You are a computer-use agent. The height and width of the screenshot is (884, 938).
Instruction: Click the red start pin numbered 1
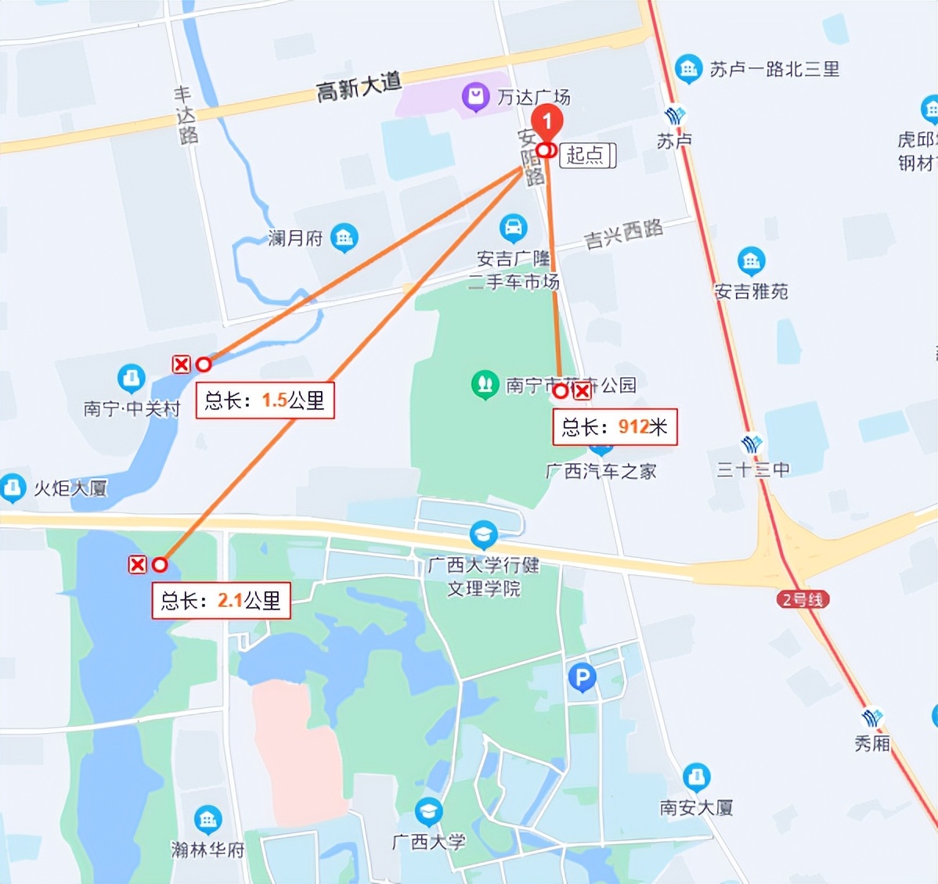(547, 122)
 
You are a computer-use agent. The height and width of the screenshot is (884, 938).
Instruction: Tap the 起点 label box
(587, 155)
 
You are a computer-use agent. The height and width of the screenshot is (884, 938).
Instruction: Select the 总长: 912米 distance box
(615, 427)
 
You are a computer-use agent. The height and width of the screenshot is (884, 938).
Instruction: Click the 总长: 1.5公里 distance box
(265, 401)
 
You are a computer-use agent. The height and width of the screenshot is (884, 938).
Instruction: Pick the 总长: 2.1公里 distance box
(221, 601)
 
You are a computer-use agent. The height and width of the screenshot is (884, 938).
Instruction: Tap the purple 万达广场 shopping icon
(475, 98)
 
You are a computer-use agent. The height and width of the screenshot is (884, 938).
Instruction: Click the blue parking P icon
(582, 677)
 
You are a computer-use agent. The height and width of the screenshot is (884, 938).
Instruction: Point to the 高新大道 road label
(359, 86)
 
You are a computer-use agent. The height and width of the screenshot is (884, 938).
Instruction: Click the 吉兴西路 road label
(623, 234)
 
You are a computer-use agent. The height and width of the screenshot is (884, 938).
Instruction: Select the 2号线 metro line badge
(803, 600)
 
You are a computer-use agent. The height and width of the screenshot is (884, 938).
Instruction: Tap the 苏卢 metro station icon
(674, 117)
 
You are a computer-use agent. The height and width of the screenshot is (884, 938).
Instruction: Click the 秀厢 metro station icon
(871, 718)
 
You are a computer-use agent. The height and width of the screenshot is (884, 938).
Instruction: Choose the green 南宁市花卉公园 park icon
(485, 384)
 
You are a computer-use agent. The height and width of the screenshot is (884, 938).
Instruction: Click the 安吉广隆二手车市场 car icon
(513, 228)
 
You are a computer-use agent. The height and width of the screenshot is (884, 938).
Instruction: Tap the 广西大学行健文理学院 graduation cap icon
(483, 535)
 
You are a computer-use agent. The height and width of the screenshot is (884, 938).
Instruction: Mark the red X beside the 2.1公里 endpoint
(138, 564)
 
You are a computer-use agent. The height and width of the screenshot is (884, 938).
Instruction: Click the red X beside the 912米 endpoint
(582, 391)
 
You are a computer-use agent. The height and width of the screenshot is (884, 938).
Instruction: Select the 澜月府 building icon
(344, 237)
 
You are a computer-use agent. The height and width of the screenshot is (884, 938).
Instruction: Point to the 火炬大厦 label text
(70, 489)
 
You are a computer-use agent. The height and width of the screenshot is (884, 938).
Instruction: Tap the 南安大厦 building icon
(696, 778)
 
